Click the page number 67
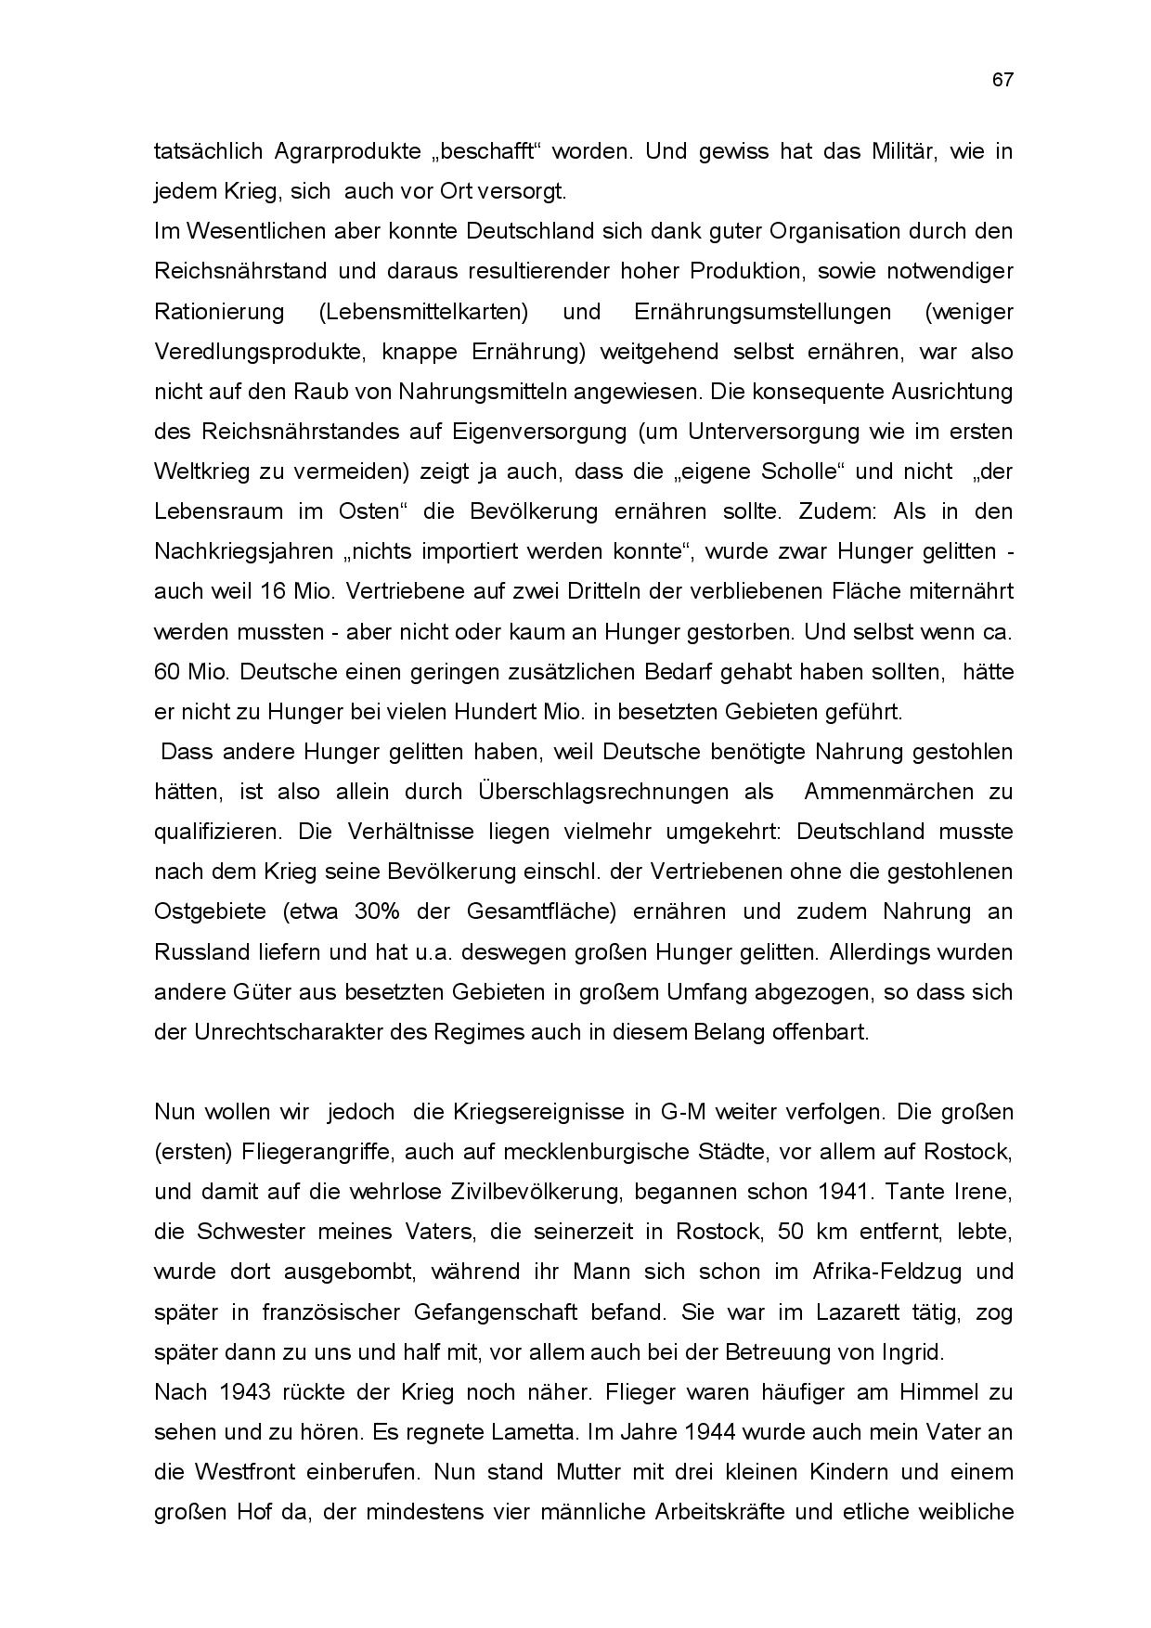[x=1002, y=80]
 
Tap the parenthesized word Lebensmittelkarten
[x=423, y=312]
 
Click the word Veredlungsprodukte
[x=244, y=352]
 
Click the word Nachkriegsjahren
[x=244, y=551]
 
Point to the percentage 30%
[x=376, y=911]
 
